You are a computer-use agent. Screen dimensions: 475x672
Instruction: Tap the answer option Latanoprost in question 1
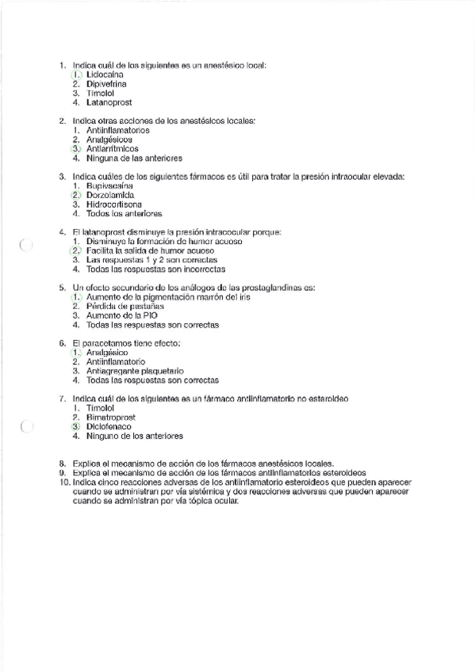click(x=109, y=102)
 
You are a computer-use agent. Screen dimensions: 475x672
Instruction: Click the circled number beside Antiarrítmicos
click(x=76, y=148)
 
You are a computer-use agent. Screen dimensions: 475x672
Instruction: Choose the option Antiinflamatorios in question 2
click(x=117, y=129)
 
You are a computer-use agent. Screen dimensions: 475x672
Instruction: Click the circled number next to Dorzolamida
click(x=76, y=195)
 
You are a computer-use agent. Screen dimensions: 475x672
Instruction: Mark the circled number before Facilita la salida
click(x=76, y=250)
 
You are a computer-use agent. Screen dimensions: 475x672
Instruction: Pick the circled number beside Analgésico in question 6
click(x=76, y=352)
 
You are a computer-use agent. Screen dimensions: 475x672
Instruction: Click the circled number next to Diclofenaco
click(x=76, y=426)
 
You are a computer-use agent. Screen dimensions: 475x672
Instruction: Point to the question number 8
click(x=63, y=463)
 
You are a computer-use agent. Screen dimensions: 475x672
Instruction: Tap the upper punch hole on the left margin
click(x=25, y=245)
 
